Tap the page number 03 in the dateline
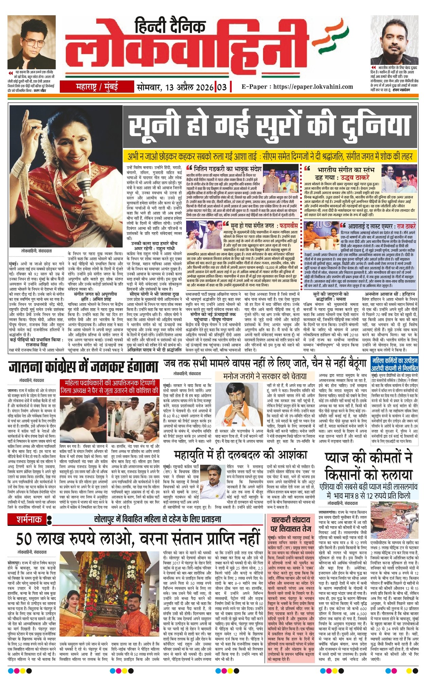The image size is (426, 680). pos(221,87)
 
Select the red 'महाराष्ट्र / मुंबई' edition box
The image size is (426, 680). pos(96,87)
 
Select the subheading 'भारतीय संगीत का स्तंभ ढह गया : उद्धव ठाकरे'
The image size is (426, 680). pos(343,173)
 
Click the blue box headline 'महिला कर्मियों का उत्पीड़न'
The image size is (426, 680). pos(394,364)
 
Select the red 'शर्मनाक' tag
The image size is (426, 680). pos(29,519)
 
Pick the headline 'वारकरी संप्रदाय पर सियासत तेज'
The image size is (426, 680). pos(290,524)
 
